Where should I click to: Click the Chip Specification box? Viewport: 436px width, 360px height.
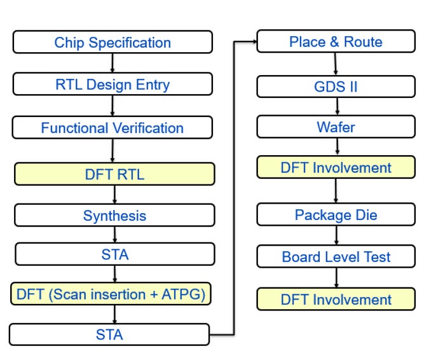112,43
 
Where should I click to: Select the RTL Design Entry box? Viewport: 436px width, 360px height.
112,84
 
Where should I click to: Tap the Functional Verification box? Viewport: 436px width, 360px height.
112,127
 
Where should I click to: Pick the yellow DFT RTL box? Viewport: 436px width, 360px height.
114,174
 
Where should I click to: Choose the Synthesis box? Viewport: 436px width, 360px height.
114,215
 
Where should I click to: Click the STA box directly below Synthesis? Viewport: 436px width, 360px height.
114,254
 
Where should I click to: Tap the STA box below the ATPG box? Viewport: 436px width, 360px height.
109,334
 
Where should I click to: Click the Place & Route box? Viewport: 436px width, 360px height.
336,42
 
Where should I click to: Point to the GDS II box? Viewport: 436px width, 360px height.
336,86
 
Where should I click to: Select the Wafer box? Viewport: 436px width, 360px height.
336,127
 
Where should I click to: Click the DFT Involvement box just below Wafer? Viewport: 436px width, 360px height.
336,167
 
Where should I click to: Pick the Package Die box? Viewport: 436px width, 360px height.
336,214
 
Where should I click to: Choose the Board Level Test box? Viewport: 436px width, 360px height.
336,256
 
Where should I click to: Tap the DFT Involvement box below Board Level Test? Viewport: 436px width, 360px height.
336,299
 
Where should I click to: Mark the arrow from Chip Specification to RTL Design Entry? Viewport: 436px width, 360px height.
112,63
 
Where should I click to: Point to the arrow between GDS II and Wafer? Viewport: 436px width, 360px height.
336,107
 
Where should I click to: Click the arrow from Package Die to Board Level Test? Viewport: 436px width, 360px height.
336,235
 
